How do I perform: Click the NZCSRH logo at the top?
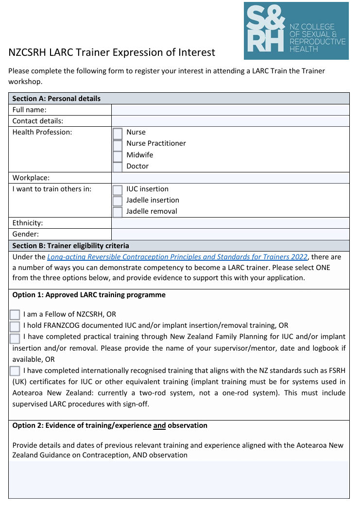pyautogui.click(x=296, y=31)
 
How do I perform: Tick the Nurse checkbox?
pyautogui.click(x=118, y=133)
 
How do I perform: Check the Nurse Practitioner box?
pyautogui.click(x=118, y=145)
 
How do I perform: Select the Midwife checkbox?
pyautogui.click(x=118, y=156)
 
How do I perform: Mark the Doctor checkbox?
pyautogui.click(x=118, y=167)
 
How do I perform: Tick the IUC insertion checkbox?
pyautogui.click(x=118, y=190)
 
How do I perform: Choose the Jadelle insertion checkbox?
pyautogui.click(x=118, y=201)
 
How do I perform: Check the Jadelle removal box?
pyautogui.click(x=118, y=212)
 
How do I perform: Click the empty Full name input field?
pyautogui.click(x=230, y=110)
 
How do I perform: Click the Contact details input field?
pyautogui.click(x=230, y=121)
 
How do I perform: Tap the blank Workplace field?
pyautogui.click(x=230, y=178)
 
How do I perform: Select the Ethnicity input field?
pyautogui.click(x=230, y=223)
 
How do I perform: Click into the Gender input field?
pyautogui.click(x=230, y=234)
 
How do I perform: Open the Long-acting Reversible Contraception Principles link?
pyautogui.click(x=178, y=257)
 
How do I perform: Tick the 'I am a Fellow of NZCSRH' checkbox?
pyautogui.click(x=15, y=315)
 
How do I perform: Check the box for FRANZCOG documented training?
pyautogui.click(x=15, y=326)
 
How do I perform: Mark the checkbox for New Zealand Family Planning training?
pyautogui.click(x=15, y=337)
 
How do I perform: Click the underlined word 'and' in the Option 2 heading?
pyautogui.click(x=159, y=425)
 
